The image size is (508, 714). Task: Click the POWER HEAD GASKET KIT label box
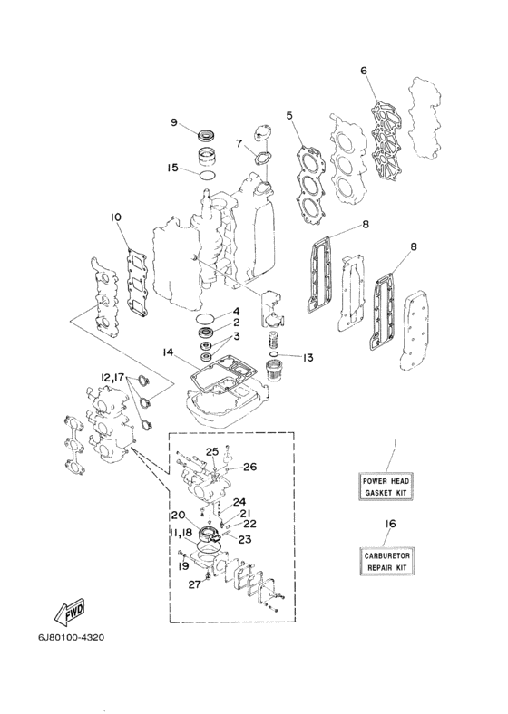point(386,487)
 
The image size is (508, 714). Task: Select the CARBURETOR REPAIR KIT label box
point(386,562)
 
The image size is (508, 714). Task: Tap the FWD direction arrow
point(70,614)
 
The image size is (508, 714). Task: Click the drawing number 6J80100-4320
point(71,637)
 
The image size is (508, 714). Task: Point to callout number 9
point(174,122)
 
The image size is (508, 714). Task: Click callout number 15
point(172,168)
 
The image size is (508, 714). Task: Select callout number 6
point(364,71)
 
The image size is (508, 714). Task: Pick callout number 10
point(116,217)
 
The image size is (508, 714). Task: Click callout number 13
point(308,358)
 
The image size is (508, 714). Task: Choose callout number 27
point(195,584)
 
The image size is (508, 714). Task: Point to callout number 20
point(178,515)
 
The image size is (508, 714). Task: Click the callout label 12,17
point(112,377)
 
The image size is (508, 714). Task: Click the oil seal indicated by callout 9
point(207,135)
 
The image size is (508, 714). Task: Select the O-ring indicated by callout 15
point(207,175)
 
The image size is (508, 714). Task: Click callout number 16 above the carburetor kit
point(390,524)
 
